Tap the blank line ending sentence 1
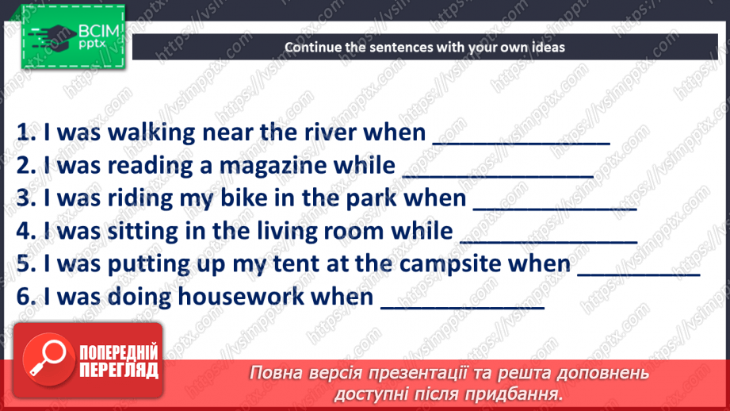[x=521, y=141]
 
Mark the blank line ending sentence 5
[x=640, y=273]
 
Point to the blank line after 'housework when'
[x=463, y=305]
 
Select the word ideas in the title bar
[x=548, y=47]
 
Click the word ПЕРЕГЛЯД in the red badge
[x=118, y=370]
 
